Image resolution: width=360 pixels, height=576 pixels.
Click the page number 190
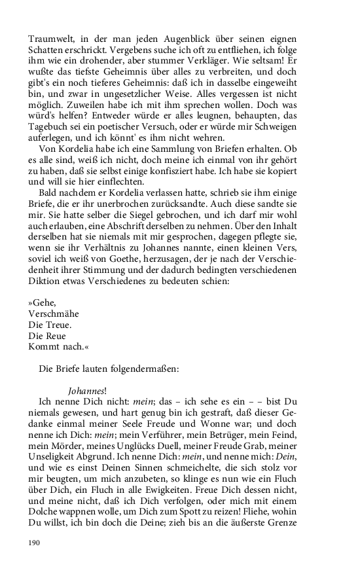34,543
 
